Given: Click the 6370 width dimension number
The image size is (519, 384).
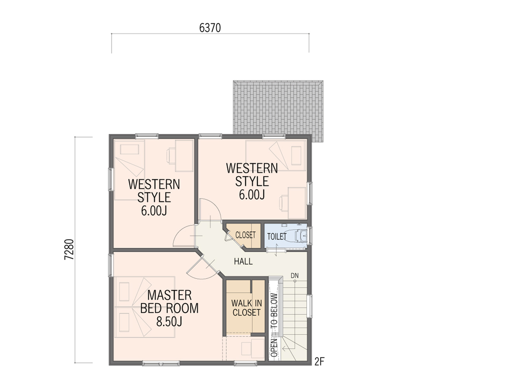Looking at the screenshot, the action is point(210,28).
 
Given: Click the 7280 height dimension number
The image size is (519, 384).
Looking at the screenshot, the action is point(69,249).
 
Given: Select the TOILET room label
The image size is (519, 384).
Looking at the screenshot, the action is point(277,237).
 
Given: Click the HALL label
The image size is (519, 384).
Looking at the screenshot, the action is point(243,261).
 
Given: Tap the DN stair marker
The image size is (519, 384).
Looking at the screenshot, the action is point(295,275).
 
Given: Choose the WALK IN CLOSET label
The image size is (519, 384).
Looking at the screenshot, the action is point(247,308).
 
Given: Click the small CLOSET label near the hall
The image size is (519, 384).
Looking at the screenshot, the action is point(245,235).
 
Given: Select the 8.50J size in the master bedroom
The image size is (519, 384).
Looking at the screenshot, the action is point(169,322).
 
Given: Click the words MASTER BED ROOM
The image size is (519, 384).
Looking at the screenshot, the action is point(169,302).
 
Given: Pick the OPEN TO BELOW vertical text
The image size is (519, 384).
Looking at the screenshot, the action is point(274,325).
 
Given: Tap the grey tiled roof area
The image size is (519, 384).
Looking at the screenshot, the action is point(278,110).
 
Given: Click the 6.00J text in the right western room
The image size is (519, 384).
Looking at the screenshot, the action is point(252,195).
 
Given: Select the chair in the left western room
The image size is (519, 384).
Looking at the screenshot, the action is point(171,155).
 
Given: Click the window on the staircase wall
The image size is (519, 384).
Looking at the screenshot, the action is point(310,307).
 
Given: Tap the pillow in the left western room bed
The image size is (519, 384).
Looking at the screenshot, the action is point(129,149).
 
